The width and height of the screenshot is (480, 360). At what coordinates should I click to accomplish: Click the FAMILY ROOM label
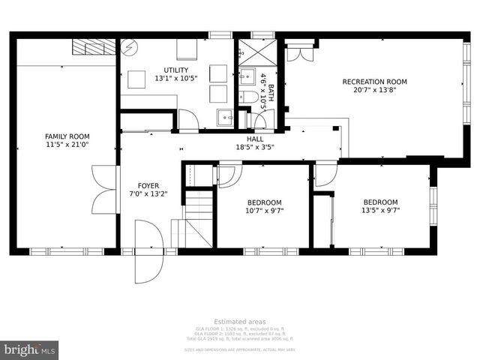tap(62, 136)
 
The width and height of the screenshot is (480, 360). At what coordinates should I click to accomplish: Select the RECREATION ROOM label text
tap(374, 82)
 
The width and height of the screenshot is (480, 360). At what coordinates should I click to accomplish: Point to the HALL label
tap(255, 139)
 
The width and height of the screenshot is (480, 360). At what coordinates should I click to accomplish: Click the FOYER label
tap(148, 185)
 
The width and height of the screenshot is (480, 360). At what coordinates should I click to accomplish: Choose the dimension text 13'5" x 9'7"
tap(380, 211)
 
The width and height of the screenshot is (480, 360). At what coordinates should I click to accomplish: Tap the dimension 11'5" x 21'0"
tap(62, 145)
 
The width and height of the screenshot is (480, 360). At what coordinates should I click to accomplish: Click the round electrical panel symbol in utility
tap(128, 47)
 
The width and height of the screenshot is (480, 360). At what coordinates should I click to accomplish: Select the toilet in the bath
tap(248, 96)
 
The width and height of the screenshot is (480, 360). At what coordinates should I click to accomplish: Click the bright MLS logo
tap(30, 349)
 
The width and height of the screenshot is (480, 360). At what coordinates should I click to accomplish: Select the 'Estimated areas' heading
tap(239, 321)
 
